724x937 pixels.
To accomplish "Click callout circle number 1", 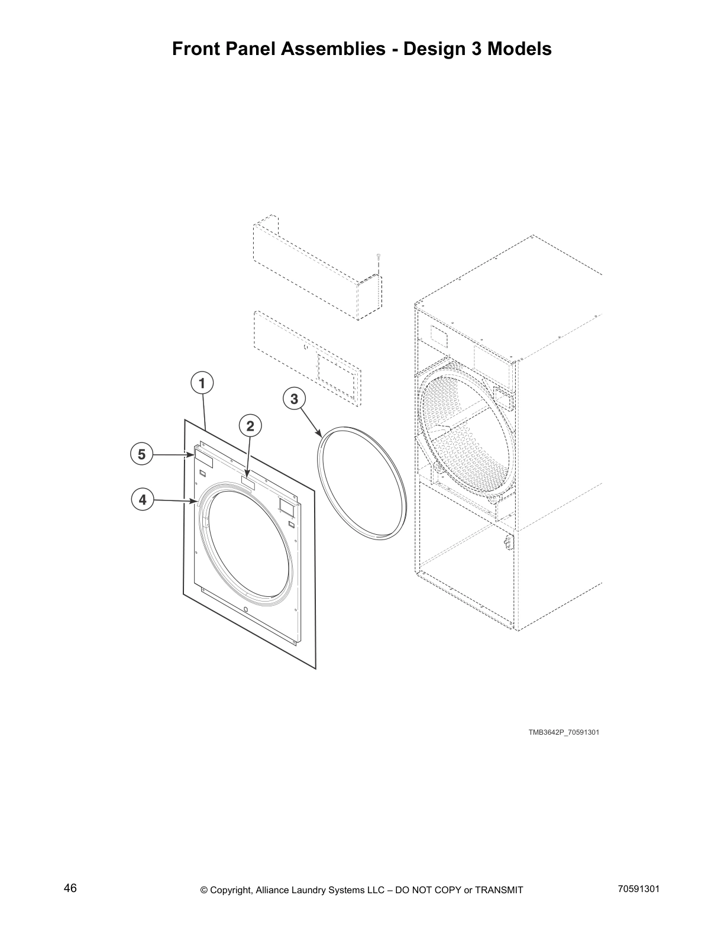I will (x=202, y=383).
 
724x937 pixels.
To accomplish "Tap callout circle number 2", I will (x=250, y=425).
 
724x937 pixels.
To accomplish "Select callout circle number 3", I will (x=294, y=399).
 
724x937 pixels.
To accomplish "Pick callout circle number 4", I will (x=142, y=500).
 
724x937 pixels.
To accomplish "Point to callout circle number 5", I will (x=141, y=454).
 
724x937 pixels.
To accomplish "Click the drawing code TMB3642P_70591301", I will (x=564, y=732).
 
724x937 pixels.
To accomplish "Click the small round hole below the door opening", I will (x=246, y=610).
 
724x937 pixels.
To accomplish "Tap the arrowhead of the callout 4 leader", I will (x=195, y=502).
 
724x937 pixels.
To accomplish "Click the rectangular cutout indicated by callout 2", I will (x=248, y=483).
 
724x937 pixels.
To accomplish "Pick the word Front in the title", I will (x=196, y=49).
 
